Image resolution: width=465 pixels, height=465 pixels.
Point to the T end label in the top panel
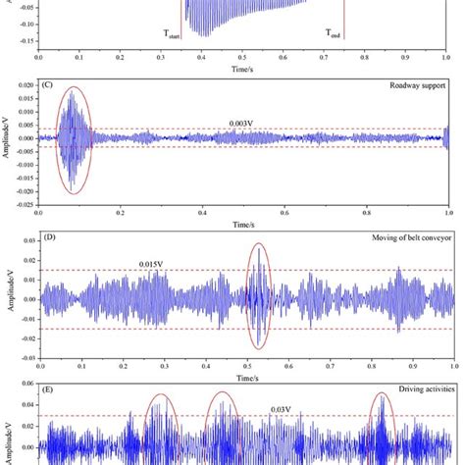coord(334,32)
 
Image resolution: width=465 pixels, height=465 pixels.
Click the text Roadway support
coord(415,86)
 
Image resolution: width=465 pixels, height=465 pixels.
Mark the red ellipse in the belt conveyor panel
coord(258,294)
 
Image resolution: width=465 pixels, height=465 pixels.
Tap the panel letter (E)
coord(46,389)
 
